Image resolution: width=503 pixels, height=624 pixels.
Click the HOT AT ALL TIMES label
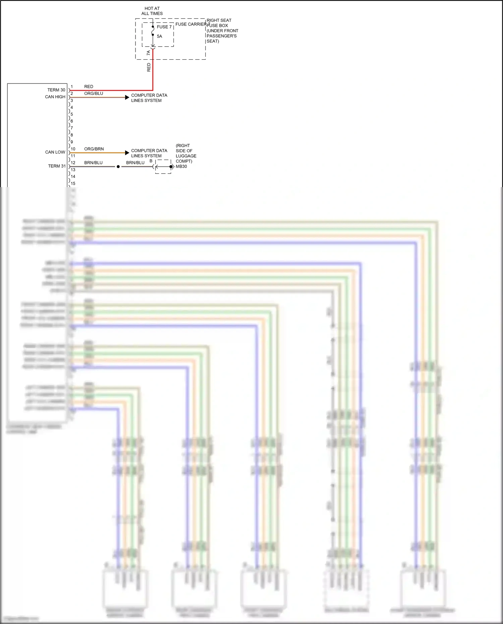152,11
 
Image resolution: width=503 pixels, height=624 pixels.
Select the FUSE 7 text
164,27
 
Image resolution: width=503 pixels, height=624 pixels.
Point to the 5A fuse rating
159,36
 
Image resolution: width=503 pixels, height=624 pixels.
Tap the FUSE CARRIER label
191,24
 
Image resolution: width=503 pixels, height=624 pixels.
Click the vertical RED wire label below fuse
149,67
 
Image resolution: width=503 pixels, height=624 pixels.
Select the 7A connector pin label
149,53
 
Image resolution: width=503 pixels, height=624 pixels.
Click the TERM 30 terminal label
56,90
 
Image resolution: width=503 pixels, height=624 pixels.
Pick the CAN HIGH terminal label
55,97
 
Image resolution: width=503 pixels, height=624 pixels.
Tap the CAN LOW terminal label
55,152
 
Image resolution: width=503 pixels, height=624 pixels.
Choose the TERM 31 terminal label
57,166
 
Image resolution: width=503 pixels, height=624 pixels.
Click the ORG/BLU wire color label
94,94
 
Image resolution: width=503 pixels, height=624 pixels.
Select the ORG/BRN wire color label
94,149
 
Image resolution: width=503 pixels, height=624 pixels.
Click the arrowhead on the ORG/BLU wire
127,97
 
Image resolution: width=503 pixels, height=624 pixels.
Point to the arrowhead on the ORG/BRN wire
127,153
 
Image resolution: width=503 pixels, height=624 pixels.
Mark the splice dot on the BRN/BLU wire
118,167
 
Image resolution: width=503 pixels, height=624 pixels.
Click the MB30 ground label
181,166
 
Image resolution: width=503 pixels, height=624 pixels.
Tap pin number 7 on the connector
72,128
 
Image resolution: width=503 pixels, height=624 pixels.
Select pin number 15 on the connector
73,183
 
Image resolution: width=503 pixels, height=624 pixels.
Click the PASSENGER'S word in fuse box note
222,36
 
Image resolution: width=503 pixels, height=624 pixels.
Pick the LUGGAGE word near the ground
186,156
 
